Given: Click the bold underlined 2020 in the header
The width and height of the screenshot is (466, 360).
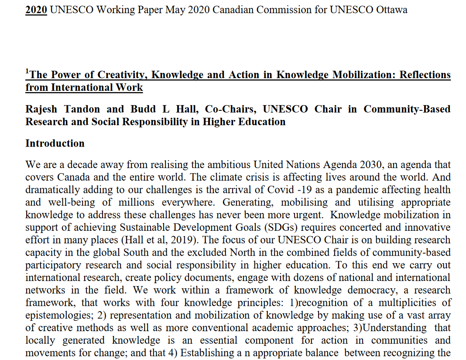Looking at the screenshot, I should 36,10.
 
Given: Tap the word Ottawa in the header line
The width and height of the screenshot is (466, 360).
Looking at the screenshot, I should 391,10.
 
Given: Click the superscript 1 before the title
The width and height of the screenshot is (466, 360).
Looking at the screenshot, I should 27,72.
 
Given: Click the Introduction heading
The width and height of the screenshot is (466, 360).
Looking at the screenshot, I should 55,144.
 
